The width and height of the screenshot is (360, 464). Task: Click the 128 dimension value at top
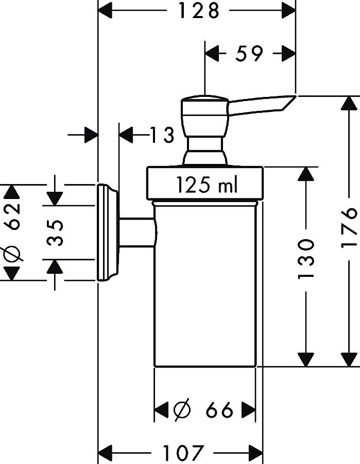199,10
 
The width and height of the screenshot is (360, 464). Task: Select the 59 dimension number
250,53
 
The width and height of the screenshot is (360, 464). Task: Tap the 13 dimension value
162,136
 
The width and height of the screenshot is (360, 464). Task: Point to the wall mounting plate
107,232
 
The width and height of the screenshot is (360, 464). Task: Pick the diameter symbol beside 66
182,410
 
